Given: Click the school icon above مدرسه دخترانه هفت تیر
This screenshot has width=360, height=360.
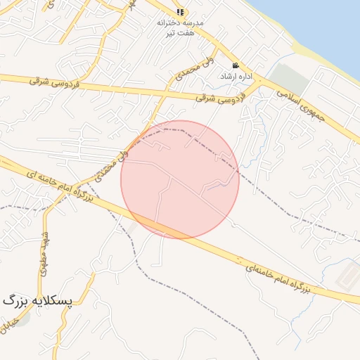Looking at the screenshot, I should pyautogui.click(x=181, y=12).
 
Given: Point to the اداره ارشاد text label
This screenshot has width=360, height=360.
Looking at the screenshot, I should pyautogui.click(x=233, y=75).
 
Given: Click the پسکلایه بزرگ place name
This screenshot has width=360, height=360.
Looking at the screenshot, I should pyautogui.click(x=38, y=300).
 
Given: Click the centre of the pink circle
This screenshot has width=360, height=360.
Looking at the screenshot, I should pyautogui.click(x=180, y=179).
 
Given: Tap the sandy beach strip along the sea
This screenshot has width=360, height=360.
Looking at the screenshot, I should pyautogui.click(x=309, y=53).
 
